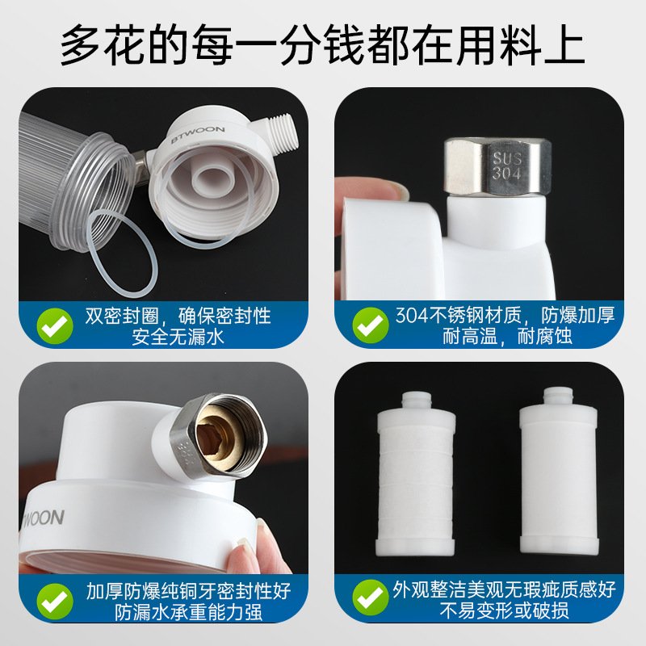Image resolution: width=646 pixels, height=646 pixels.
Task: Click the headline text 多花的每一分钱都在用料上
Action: (323, 46)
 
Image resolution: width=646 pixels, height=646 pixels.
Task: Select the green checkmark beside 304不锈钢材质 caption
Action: (370, 325)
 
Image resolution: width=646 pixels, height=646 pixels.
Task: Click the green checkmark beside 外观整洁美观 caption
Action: (370, 599)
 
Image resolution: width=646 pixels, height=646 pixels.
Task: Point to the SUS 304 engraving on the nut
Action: (505, 164)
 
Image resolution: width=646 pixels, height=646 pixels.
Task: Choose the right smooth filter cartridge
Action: (556, 476)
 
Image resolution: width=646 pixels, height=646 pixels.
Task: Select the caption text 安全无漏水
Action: (178, 336)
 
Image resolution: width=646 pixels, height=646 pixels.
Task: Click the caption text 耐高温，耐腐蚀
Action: (507, 336)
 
